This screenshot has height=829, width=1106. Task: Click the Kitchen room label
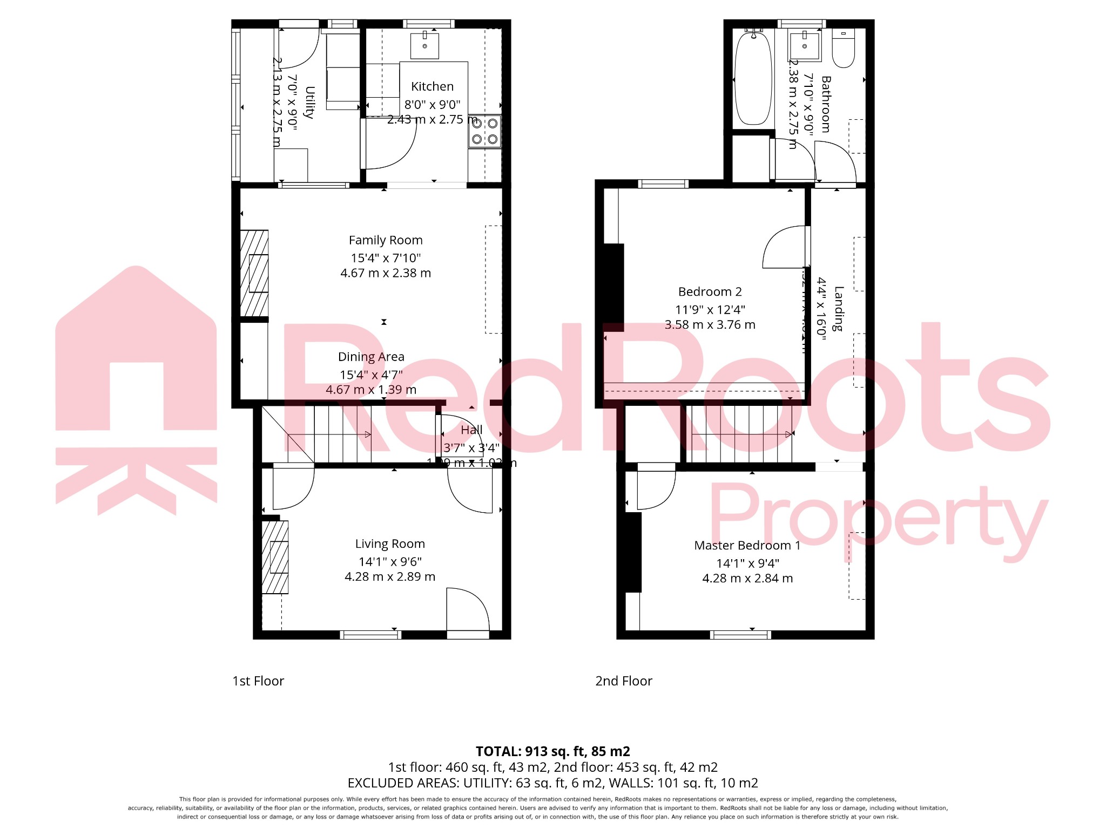click(x=432, y=86)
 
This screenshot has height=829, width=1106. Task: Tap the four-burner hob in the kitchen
click(x=484, y=131)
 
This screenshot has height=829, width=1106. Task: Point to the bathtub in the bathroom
click(x=753, y=79)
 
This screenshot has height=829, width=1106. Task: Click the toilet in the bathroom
click(x=843, y=49)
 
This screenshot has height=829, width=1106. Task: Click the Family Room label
click(x=386, y=240)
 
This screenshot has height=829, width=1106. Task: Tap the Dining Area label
click(x=371, y=357)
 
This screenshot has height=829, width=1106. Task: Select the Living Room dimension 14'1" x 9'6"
click(x=390, y=561)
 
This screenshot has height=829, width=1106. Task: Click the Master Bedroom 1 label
click(x=747, y=545)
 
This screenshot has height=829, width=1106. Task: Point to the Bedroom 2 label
click(x=710, y=292)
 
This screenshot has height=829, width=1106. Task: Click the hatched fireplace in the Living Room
click(x=275, y=557)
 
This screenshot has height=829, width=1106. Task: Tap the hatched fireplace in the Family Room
click(x=254, y=273)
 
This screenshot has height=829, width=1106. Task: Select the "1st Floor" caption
click(x=258, y=681)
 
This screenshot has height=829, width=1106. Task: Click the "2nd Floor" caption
click(x=624, y=681)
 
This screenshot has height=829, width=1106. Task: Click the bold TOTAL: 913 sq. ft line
click(x=552, y=751)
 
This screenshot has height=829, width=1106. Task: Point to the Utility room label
click(x=309, y=102)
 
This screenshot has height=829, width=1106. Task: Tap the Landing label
click(x=838, y=309)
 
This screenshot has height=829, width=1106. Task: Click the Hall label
click(x=471, y=430)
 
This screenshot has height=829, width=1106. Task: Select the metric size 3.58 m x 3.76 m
click(x=710, y=325)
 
